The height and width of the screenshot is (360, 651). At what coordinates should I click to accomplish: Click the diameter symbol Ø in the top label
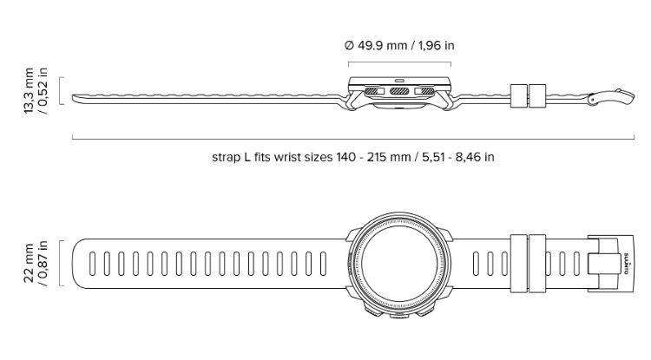click(349, 45)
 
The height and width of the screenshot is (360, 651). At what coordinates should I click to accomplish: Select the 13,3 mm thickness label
click(29, 90)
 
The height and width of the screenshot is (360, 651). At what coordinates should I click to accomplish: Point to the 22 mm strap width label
click(29, 264)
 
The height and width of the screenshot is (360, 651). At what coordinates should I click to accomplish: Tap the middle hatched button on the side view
click(399, 91)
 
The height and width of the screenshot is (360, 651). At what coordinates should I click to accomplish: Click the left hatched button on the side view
click(374, 91)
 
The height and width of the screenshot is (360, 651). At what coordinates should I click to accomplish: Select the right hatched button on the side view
click(424, 91)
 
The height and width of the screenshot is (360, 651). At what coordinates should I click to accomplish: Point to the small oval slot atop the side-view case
click(399, 80)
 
